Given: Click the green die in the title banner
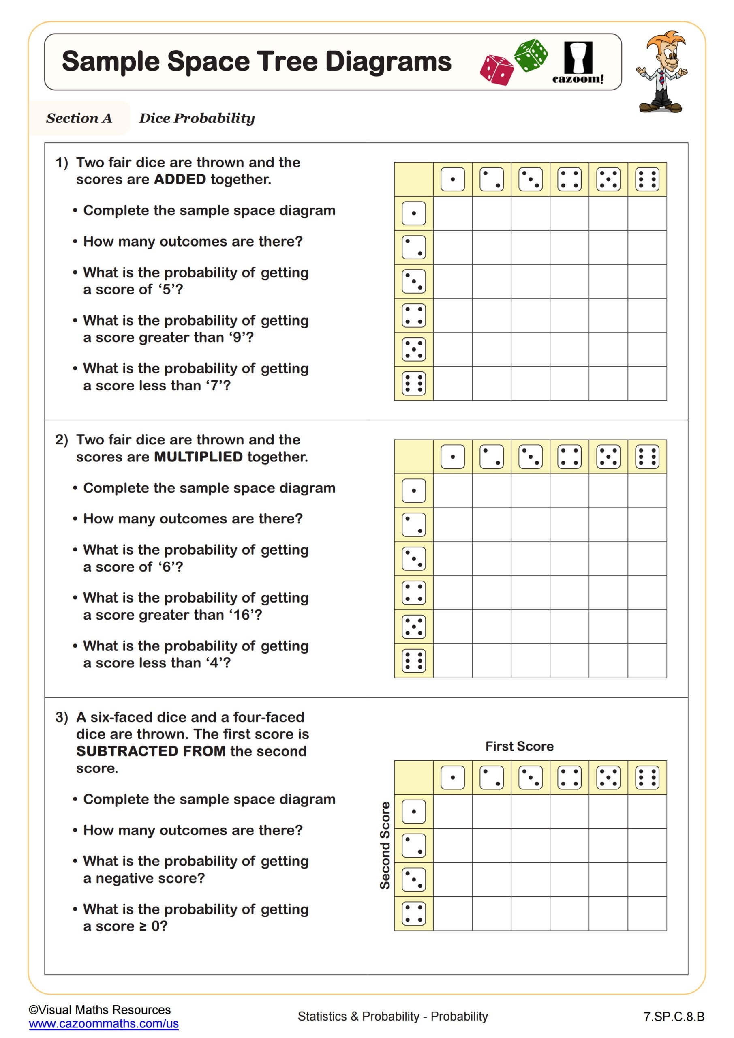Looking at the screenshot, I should (531, 55).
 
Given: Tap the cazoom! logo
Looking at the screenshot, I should (578, 63).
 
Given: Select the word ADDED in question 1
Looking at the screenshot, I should (180, 180).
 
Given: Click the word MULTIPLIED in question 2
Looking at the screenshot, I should (199, 457).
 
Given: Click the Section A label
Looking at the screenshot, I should (79, 118).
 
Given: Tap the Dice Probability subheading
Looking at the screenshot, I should (197, 118).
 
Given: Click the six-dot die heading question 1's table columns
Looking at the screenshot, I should (647, 180).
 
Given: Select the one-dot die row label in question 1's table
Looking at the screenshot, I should (413, 213).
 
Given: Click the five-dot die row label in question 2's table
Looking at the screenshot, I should (413, 626).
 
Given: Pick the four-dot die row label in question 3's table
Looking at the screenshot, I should (413, 913).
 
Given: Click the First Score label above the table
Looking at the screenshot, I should (519, 746).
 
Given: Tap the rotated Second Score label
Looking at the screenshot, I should (385, 845).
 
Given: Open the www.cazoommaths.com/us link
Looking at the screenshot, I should (103, 1023).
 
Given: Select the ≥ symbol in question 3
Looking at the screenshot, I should (143, 926).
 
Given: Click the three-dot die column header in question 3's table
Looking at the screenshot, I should (530, 778).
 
